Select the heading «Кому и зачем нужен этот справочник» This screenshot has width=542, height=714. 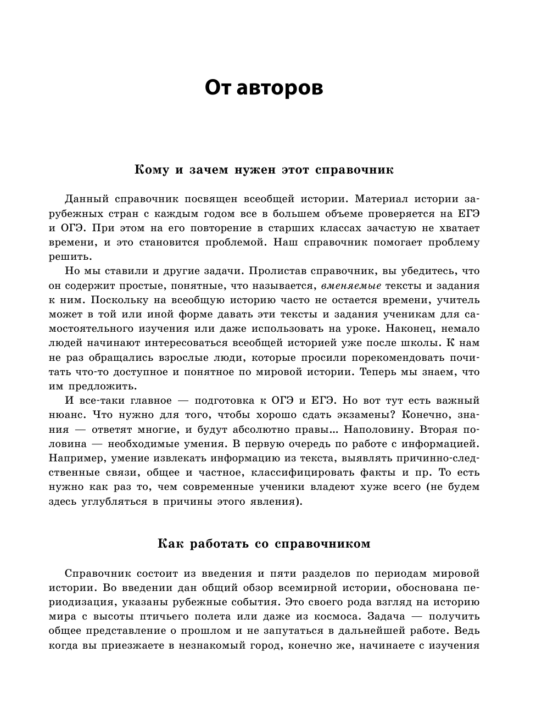click(x=264, y=170)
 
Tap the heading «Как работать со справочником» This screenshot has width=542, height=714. click(x=264, y=544)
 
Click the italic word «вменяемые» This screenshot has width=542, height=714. click(x=351, y=286)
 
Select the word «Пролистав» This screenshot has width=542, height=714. click(x=278, y=271)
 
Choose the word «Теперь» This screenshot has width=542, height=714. click(x=381, y=372)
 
